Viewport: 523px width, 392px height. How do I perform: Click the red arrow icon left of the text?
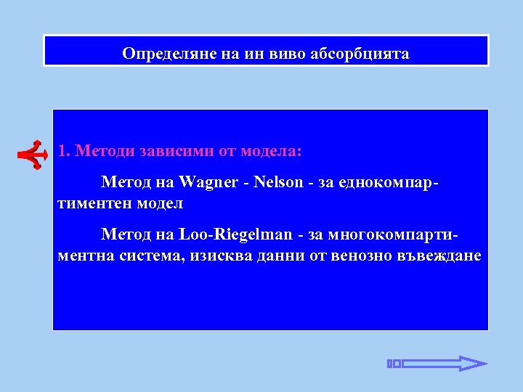click(33, 152)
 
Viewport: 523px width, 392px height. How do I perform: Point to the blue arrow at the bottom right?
click(437, 364)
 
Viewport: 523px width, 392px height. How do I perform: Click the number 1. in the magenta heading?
click(65, 152)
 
